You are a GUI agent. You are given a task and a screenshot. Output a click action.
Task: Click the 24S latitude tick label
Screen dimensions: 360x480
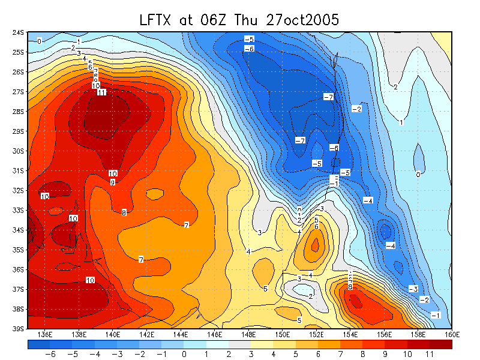pyautogui.click(x=18, y=32)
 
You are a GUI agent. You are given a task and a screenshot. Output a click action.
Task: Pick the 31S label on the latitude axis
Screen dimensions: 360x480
pyautogui.click(x=18, y=171)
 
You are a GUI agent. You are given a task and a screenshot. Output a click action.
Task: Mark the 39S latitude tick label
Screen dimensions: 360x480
pyautogui.click(x=18, y=329)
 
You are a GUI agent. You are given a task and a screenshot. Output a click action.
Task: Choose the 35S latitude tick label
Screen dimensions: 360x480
pyautogui.click(x=18, y=250)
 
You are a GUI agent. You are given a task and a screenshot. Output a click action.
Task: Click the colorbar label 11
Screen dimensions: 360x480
pyautogui.click(x=430, y=355)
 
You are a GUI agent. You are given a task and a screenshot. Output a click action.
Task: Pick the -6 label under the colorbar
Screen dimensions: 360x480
pyautogui.click(x=50, y=355)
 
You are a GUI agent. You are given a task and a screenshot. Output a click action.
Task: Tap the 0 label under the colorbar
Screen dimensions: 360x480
pyautogui.click(x=184, y=355)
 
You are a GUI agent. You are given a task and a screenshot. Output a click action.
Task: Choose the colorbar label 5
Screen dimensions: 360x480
pyautogui.click(x=296, y=355)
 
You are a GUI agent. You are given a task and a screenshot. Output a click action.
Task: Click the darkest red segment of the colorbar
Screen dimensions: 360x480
pyautogui.click(x=441, y=345)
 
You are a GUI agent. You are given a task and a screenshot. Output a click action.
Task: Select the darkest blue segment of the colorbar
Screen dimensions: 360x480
pyautogui.click(x=39, y=345)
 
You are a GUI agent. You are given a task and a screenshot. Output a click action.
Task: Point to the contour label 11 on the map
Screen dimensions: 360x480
pyautogui.click(x=101, y=92)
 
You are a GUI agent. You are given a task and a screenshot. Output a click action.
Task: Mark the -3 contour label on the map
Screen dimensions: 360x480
pyautogui.click(x=413, y=289)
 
